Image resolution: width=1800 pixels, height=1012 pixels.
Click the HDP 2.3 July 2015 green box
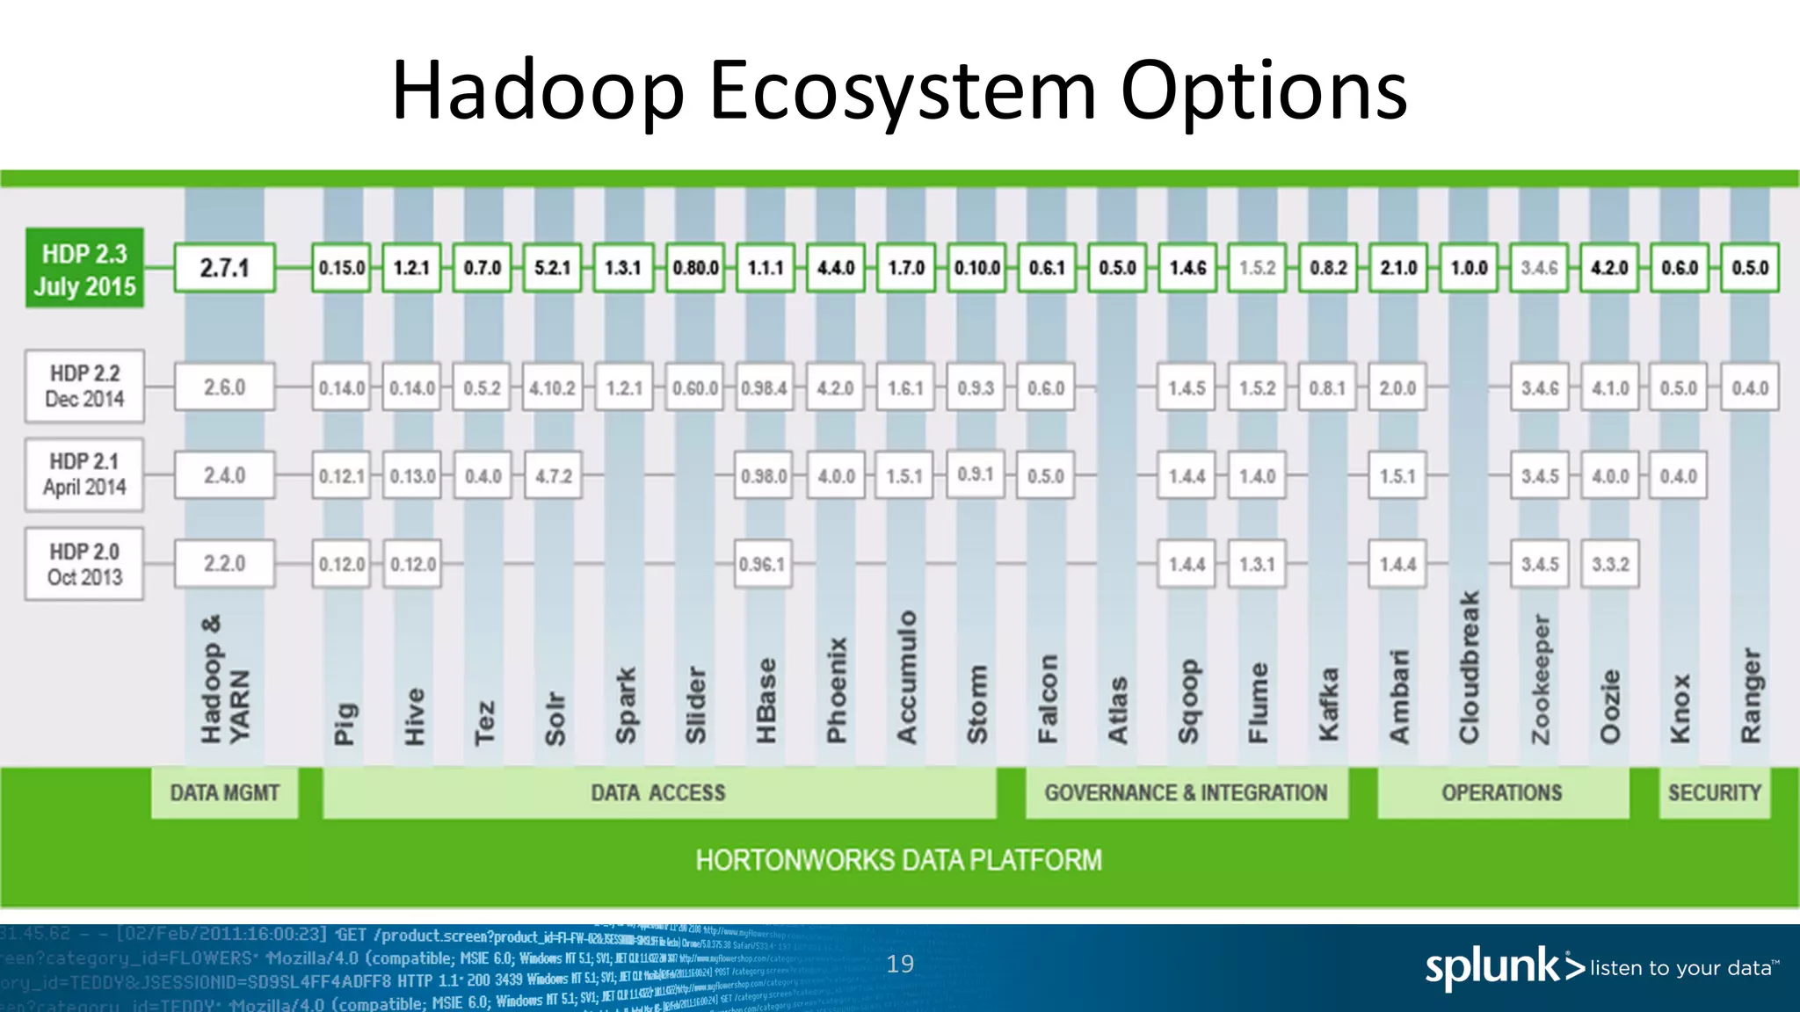pos(84,269)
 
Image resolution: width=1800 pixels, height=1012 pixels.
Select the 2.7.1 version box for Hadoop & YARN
pos(224,268)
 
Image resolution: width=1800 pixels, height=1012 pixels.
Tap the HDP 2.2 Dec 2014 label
pos(84,387)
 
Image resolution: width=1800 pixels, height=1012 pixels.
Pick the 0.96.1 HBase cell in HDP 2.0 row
pos(763,564)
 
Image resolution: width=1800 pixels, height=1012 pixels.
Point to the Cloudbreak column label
pos(1469,668)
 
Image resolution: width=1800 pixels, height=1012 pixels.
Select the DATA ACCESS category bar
pos(658,793)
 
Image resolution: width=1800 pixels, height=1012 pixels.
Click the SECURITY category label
pos(1714,793)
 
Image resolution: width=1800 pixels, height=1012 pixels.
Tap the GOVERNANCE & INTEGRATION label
pos(1186,793)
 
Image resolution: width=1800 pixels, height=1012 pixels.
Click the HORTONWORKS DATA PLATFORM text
pos(898,860)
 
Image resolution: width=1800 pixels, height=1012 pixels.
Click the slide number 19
pos(900,964)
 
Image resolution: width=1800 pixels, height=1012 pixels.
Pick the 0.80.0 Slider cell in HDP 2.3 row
pos(695,268)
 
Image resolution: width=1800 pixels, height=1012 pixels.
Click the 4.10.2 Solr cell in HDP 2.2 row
pos(552,387)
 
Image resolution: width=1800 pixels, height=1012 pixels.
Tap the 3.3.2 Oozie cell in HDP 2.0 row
pos(1610,564)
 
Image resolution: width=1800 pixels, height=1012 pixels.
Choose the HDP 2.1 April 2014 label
pos(84,474)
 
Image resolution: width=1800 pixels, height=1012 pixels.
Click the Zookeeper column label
pos(1540,678)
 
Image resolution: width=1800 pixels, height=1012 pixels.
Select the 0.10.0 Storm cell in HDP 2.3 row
pos(976,268)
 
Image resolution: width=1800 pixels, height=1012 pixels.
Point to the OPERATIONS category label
pos(1501,793)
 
